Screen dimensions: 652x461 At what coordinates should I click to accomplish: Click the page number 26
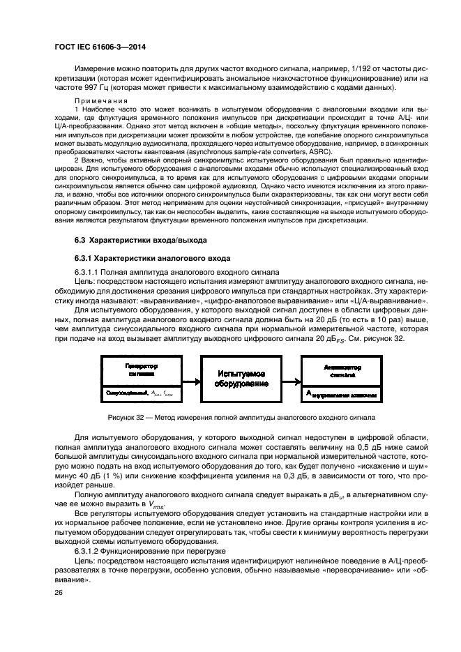coord(59,593)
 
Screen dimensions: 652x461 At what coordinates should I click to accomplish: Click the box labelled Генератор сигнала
coord(142,370)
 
